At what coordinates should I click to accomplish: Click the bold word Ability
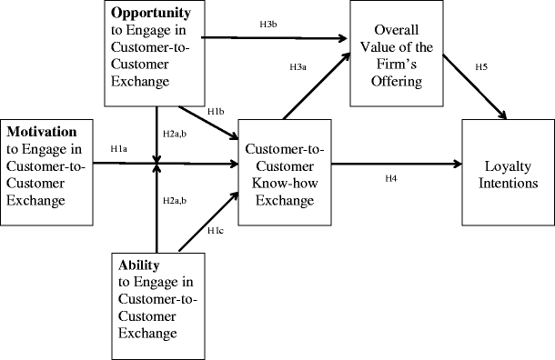pyautogui.click(x=139, y=265)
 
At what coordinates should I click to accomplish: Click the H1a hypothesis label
pyautogui.click(x=119, y=148)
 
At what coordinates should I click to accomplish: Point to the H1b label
pyautogui.click(x=216, y=112)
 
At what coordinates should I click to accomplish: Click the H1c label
pyautogui.click(x=216, y=231)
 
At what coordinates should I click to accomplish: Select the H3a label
pyautogui.click(x=298, y=66)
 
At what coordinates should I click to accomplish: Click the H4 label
pyautogui.click(x=392, y=178)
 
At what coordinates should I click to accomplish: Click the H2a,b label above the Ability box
pyautogui.click(x=176, y=199)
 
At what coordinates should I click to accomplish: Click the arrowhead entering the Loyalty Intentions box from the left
pyautogui.click(x=457, y=165)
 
